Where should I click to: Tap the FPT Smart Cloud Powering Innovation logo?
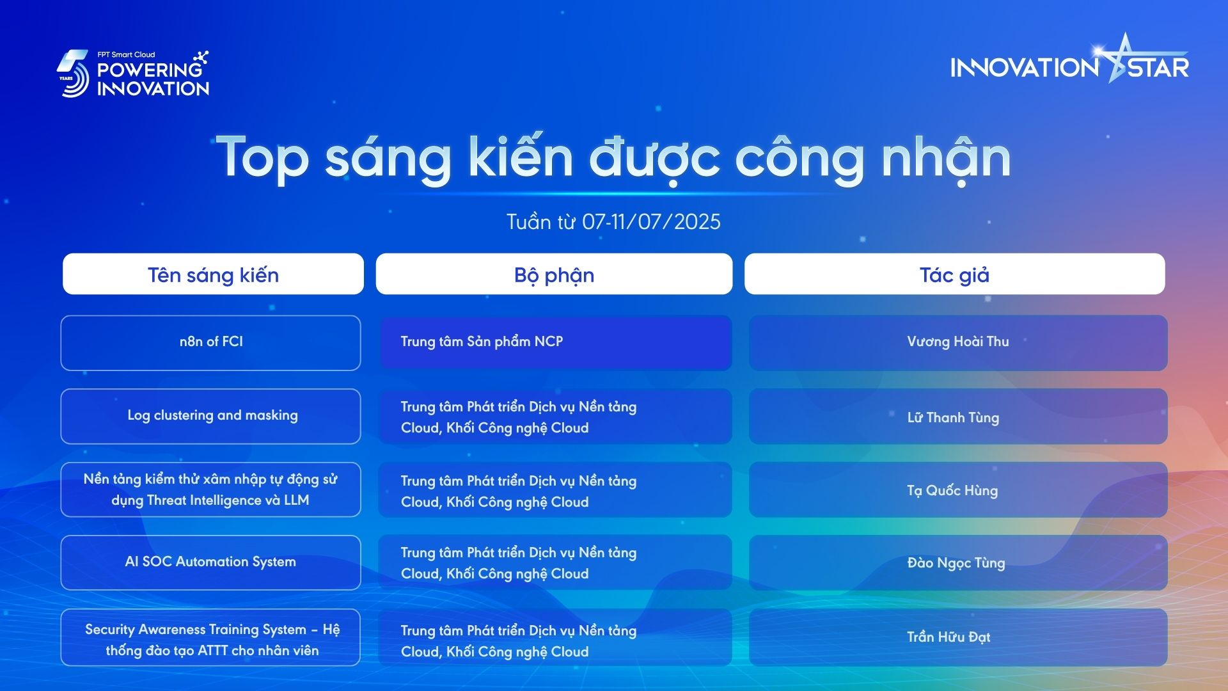click(x=133, y=74)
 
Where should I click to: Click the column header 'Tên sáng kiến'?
click(x=213, y=274)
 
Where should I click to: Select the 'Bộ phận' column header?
click(x=554, y=274)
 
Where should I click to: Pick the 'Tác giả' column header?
click(x=954, y=274)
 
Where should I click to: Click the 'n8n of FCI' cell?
click(x=210, y=342)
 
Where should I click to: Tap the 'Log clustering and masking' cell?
click(x=210, y=416)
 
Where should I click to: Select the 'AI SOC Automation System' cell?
click(x=210, y=562)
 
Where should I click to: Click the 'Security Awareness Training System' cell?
click(x=210, y=637)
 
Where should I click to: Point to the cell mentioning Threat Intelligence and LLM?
click(x=210, y=489)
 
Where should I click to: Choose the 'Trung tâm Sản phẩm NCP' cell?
click(x=555, y=342)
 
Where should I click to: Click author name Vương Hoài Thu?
click(x=957, y=342)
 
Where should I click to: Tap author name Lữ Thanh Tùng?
click(x=953, y=417)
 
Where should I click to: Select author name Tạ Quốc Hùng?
click(x=952, y=491)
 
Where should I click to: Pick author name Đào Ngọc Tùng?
click(x=956, y=563)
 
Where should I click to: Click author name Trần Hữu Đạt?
click(x=949, y=637)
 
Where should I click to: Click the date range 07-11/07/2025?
click(x=651, y=221)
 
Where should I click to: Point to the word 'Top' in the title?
click(x=262, y=157)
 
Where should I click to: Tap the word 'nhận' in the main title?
click(x=946, y=159)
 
